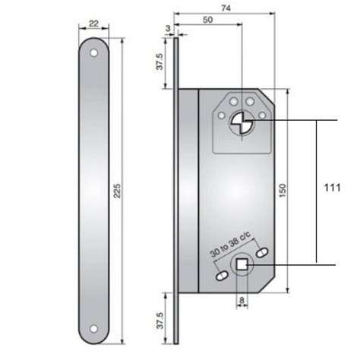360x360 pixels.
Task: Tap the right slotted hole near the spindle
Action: (263, 251)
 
